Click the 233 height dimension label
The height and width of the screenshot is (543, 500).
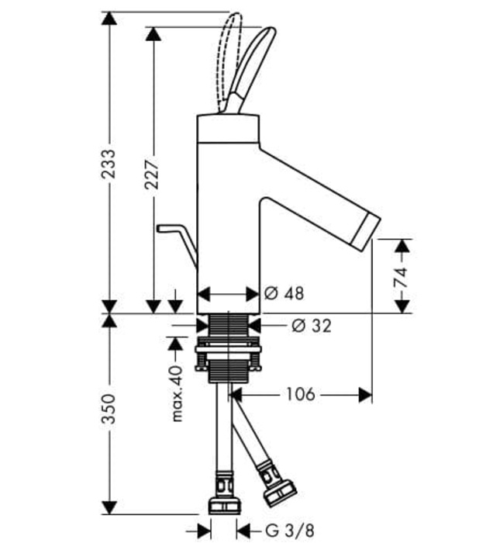[109, 164]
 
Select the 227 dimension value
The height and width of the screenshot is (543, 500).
[152, 175]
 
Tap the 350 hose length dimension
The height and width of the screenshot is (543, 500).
[109, 409]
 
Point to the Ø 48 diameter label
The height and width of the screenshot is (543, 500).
[284, 294]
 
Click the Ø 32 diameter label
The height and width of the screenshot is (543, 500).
[312, 326]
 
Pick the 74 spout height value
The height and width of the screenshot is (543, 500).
[402, 277]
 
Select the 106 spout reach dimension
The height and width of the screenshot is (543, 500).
[301, 394]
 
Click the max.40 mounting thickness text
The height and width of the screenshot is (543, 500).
[177, 393]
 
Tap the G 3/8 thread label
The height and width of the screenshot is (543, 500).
[290, 530]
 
